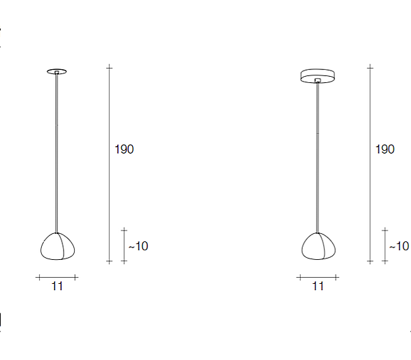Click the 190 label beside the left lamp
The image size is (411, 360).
pyautogui.click(x=124, y=149)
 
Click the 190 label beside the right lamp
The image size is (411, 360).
pyautogui.click(x=385, y=149)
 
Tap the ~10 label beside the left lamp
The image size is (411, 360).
pyautogui.click(x=138, y=246)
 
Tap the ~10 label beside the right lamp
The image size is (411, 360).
pyautogui.click(x=399, y=246)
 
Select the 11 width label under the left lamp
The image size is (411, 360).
pyautogui.click(x=57, y=286)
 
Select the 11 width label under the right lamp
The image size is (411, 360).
pyautogui.click(x=318, y=286)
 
